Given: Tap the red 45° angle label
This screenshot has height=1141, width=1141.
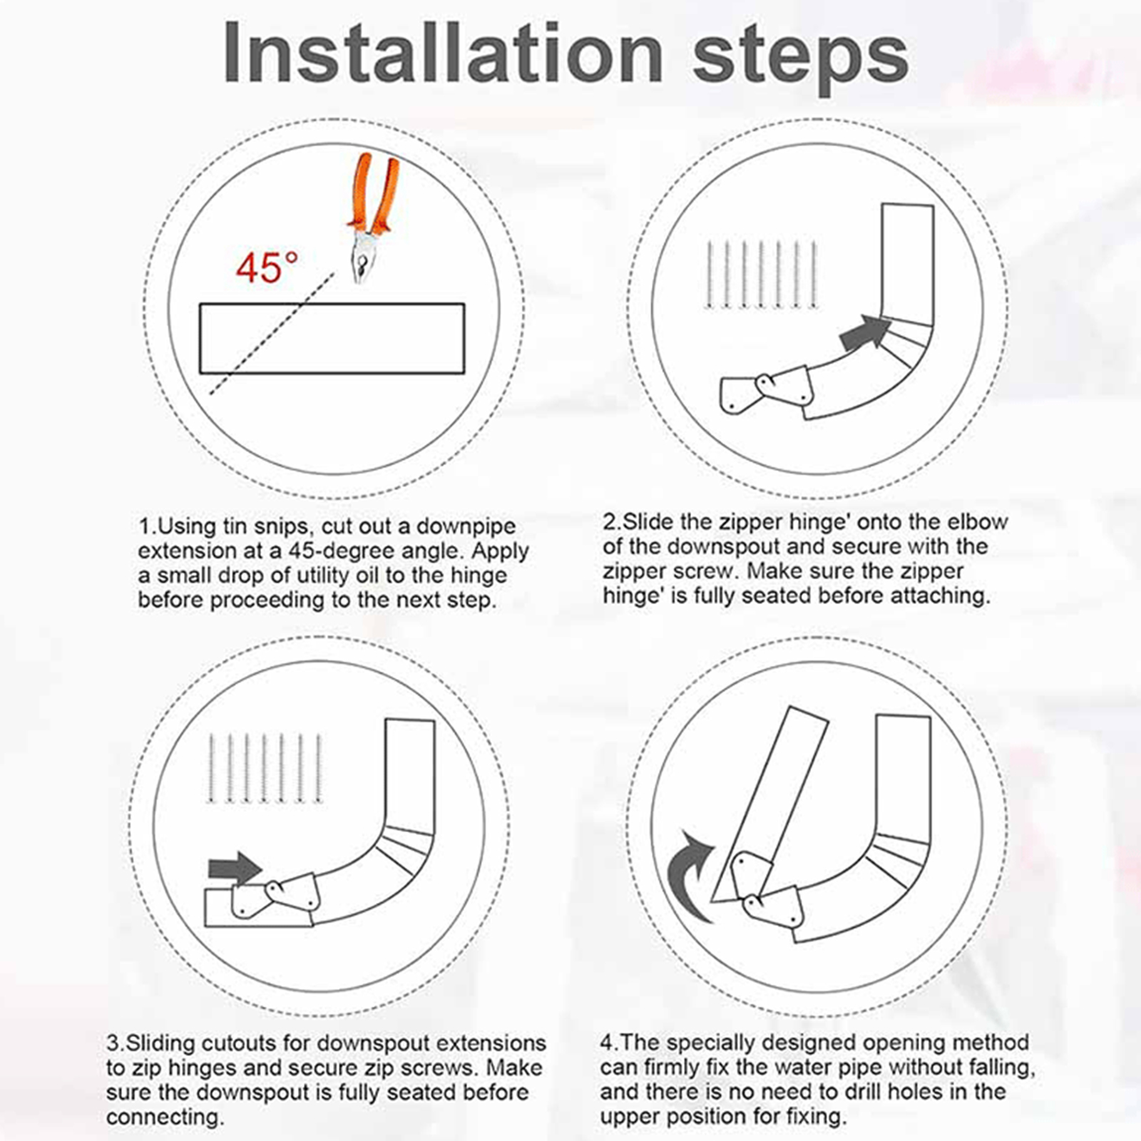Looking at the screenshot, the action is click(x=267, y=268).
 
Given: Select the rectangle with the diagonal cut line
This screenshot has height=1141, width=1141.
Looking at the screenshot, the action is click(x=332, y=338).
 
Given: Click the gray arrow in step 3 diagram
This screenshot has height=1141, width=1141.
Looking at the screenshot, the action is click(x=235, y=869).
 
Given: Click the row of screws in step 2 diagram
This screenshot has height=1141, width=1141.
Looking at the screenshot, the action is click(x=761, y=275).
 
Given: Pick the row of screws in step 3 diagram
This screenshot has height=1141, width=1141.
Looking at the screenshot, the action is click(x=265, y=768).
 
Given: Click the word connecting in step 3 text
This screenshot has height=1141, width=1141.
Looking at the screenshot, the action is click(x=165, y=1117).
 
